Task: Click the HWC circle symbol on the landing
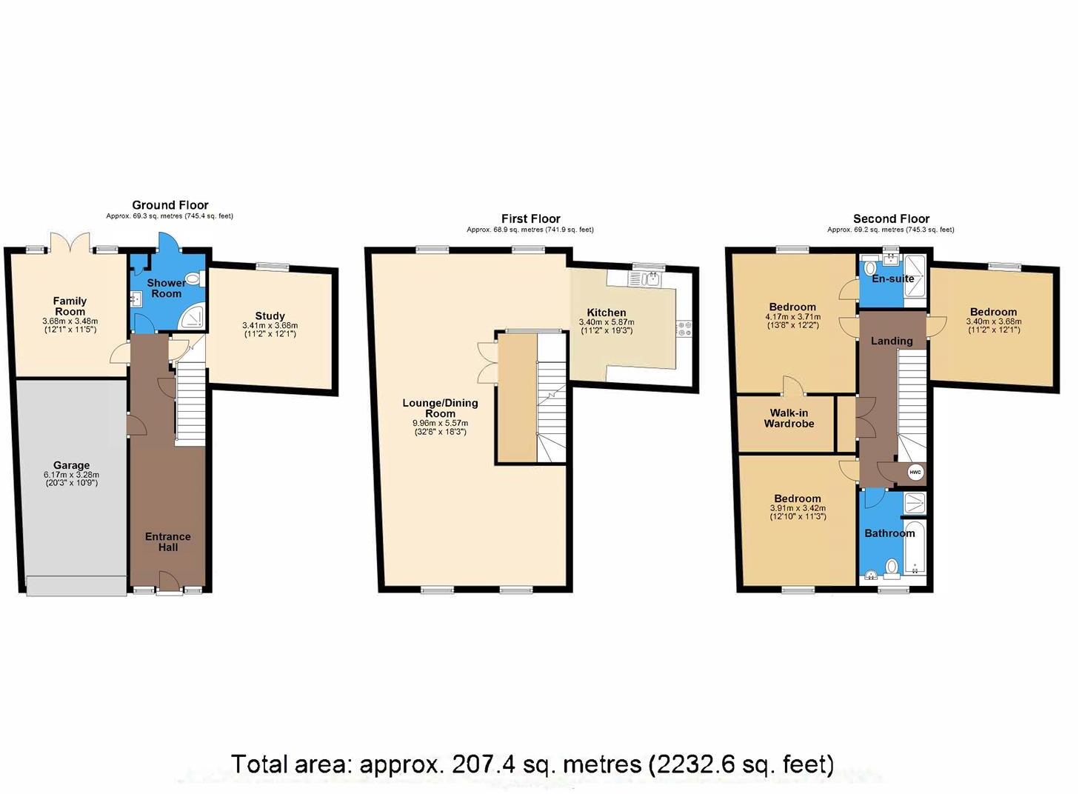(915, 473)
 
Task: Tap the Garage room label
(71, 466)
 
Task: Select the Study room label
(270, 316)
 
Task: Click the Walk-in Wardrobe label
(789, 418)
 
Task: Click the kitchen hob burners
(684, 329)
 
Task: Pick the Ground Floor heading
(170, 205)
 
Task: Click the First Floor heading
(530, 218)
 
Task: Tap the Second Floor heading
(891, 218)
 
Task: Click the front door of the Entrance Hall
(168, 584)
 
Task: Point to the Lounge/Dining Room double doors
(487, 362)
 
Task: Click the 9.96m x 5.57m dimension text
(440, 423)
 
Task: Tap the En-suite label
(892, 279)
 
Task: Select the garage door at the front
(76, 585)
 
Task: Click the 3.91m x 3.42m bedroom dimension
(798, 508)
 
